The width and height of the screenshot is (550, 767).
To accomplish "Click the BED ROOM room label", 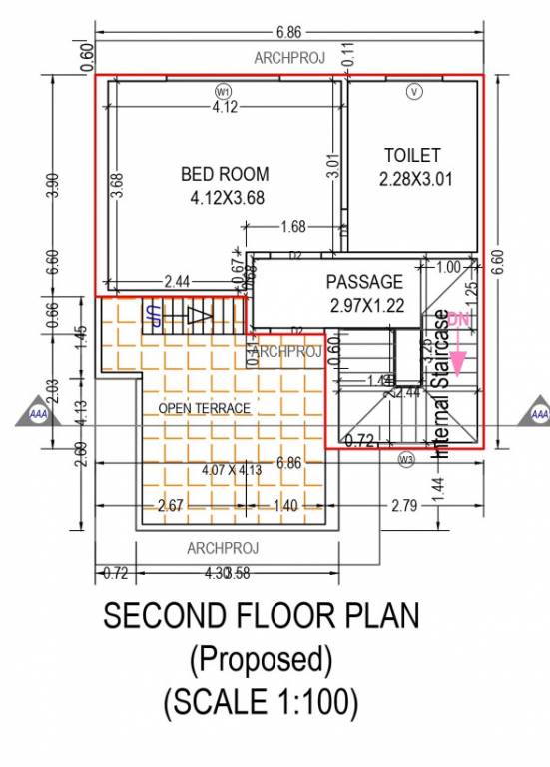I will [225, 174].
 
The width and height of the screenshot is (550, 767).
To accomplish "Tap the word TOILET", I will [412, 156].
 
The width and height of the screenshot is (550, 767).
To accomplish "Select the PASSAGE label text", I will [365, 283].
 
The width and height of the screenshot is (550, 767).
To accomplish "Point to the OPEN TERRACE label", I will [205, 409].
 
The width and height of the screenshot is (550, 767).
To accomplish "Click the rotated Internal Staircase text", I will [440, 384].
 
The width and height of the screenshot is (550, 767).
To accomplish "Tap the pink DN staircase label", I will [458, 319].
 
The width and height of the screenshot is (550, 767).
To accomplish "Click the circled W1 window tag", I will [222, 91].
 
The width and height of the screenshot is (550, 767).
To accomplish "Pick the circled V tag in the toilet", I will [413, 91].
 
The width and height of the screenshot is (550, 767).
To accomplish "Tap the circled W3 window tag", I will [405, 460].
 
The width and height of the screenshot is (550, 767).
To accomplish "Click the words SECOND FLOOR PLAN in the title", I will [262, 616].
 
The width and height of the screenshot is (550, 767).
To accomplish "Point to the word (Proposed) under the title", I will [261, 659].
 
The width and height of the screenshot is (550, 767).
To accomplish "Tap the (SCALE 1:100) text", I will [261, 702].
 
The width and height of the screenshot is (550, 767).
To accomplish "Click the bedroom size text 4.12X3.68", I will [227, 198].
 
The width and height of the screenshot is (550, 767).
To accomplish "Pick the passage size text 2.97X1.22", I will [366, 306].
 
